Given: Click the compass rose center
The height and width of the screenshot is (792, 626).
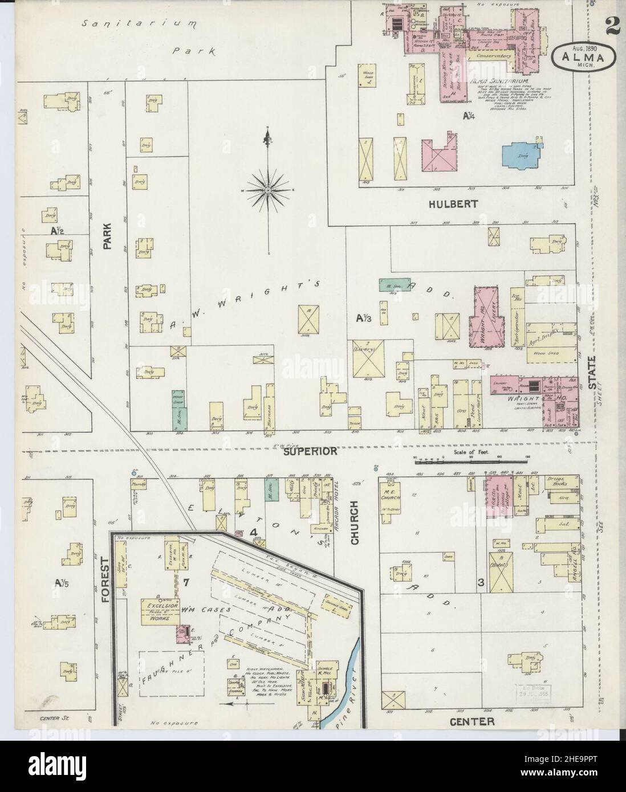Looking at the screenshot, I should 267,189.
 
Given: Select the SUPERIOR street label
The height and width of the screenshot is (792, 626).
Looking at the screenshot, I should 310,451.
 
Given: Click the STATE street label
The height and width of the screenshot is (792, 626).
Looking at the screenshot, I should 594,373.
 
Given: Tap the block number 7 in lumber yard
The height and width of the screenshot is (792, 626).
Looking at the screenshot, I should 186,582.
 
